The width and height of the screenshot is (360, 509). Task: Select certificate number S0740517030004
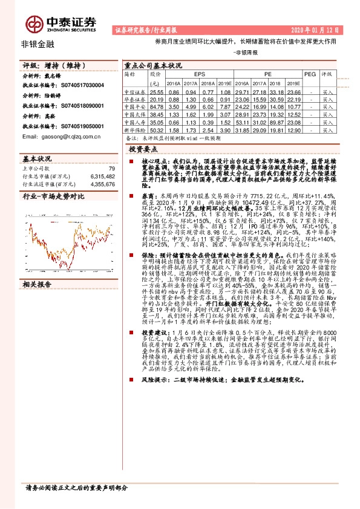tap(79, 86)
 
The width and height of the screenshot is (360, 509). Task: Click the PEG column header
tap(310, 74)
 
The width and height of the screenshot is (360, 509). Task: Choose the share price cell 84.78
tap(157, 106)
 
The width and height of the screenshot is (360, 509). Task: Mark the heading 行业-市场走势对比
tap(53, 197)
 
